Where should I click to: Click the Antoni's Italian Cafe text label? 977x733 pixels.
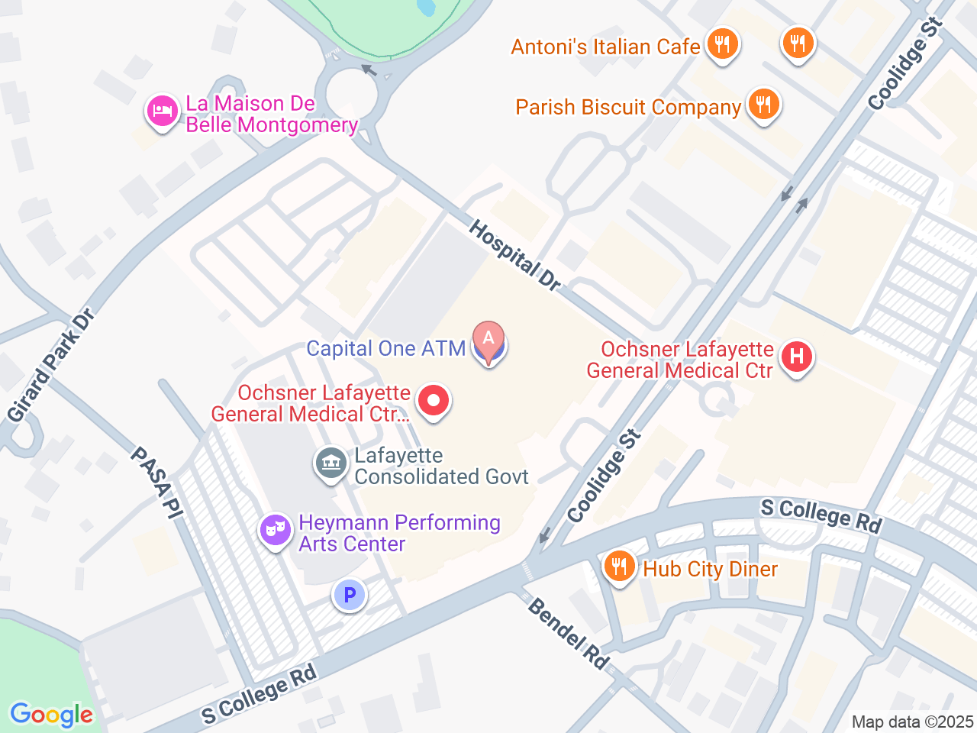pyautogui.click(x=605, y=47)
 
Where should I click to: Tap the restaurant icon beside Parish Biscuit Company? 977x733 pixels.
pyautogui.click(x=763, y=104)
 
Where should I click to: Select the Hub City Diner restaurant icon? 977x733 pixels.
pyautogui.click(x=619, y=567)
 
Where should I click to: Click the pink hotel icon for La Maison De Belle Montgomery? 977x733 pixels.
pyautogui.click(x=162, y=111)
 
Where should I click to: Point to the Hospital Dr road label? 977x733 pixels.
pyautogui.click(x=515, y=255)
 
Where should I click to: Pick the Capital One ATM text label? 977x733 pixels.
pyautogui.click(x=385, y=349)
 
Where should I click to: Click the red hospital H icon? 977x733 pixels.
pyautogui.click(x=797, y=357)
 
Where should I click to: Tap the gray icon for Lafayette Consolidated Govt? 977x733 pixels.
pyautogui.click(x=331, y=463)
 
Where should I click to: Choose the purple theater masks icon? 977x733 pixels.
pyautogui.click(x=275, y=528)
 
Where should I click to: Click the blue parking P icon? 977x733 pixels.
pyautogui.click(x=350, y=595)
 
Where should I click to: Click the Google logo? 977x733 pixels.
pyautogui.click(x=51, y=715)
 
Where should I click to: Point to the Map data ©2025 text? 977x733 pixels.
pyautogui.click(x=912, y=722)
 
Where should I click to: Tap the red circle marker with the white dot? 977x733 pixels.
pyautogui.click(x=434, y=400)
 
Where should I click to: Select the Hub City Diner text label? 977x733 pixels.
pyautogui.click(x=710, y=570)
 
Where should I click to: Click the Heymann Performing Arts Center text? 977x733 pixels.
pyautogui.click(x=399, y=533)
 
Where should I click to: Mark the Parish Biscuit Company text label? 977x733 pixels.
pyautogui.click(x=627, y=108)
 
